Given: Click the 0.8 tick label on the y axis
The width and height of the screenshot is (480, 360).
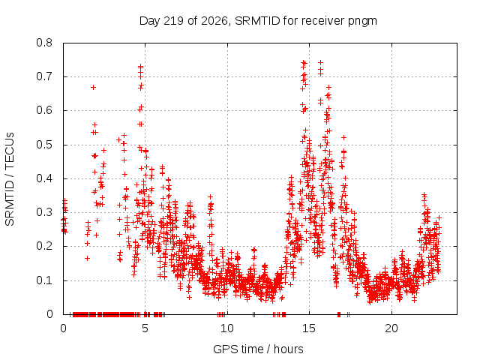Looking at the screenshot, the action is [x=44, y=43].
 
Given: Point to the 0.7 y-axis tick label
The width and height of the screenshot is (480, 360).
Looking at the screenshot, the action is [x=44, y=76].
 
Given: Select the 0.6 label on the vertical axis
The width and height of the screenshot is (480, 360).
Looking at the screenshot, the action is [x=44, y=110].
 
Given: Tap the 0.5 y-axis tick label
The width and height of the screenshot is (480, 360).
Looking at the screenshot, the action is [x=44, y=145].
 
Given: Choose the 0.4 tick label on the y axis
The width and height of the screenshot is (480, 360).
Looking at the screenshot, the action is [x=44, y=178].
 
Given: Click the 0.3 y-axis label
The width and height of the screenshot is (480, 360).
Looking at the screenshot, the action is [x=44, y=212].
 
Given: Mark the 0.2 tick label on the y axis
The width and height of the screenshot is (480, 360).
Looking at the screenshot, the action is [x=44, y=246].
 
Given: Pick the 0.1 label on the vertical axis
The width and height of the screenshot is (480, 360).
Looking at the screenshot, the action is [x=44, y=280].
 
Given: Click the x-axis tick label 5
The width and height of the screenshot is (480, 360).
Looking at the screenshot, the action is [x=145, y=328].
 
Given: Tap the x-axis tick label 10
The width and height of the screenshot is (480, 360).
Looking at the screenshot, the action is [x=227, y=328].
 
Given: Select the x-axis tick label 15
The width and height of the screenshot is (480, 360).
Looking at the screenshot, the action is [x=309, y=328].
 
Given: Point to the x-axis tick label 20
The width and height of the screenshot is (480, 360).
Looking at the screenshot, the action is [x=391, y=328].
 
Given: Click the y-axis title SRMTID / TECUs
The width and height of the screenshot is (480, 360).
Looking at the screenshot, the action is [x=10, y=179].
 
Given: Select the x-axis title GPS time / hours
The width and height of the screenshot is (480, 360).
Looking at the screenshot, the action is [x=258, y=349].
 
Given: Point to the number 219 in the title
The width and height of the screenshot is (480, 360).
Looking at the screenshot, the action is [x=173, y=21].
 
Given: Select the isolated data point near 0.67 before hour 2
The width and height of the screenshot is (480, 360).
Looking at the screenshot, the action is [x=93, y=88].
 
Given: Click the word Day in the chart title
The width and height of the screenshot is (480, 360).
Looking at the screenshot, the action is [x=150, y=22].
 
